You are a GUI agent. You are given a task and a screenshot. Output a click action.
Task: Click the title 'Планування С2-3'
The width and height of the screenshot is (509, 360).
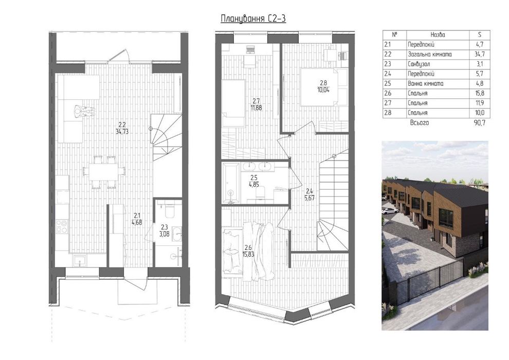pyautogui.click(x=253, y=19)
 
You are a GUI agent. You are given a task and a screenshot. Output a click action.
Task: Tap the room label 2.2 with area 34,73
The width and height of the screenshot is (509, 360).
pyautogui.click(x=122, y=128)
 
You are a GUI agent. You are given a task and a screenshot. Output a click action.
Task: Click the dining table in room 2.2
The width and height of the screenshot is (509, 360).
pyautogui.click(x=104, y=171)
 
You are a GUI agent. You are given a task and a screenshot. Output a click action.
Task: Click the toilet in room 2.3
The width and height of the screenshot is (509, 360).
pyautogui.click(x=169, y=209)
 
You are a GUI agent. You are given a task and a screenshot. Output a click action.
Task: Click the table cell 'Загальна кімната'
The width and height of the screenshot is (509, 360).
pyautogui.click(x=429, y=54)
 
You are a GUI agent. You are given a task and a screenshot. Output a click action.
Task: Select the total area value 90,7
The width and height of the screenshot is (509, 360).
pyautogui.click(x=480, y=123)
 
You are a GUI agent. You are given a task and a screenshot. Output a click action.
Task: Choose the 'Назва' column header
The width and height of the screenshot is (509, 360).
pyautogui.click(x=438, y=35)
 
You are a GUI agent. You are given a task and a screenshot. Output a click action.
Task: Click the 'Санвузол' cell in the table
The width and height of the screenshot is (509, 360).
pyautogui.click(x=419, y=64)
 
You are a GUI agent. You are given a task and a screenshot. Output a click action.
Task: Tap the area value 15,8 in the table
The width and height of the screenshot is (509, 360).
pyautogui.click(x=480, y=93)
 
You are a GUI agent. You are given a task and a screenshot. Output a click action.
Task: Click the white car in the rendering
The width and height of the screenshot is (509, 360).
pyautogui.click(x=390, y=211)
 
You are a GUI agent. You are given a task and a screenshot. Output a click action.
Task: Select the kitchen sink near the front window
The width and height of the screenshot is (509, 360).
pyautogui.click(x=79, y=261)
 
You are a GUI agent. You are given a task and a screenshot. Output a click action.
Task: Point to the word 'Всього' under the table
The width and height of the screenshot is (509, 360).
pyautogui.click(x=420, y=123)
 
